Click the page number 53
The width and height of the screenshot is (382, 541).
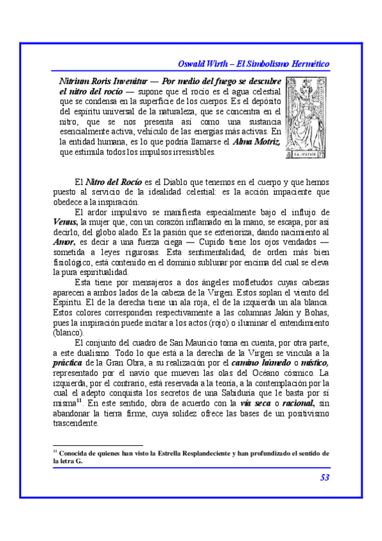coord(324,477)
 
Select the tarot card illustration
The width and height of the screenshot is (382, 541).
coord(306,117)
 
